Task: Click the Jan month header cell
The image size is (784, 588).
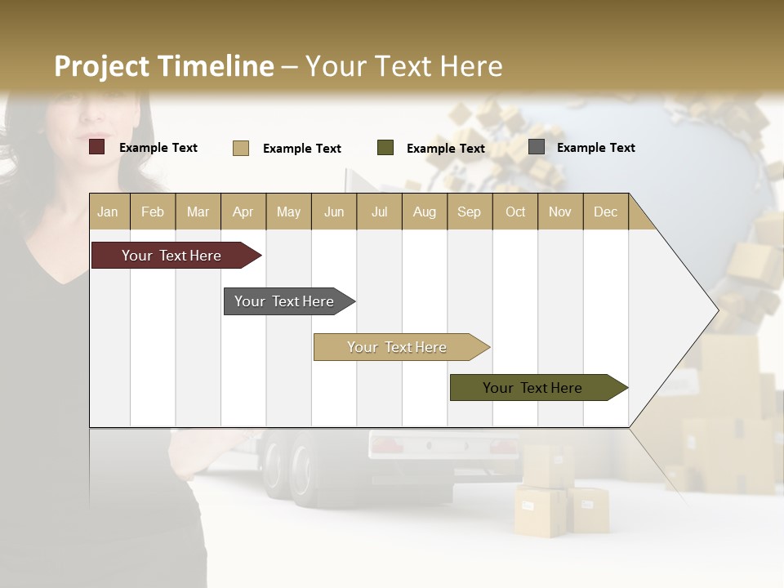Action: [x=109, y=212]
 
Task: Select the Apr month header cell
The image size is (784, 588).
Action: [x=243, y=212]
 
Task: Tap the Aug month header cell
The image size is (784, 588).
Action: [x=424, y=212]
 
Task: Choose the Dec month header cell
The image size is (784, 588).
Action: [x=605, y=212]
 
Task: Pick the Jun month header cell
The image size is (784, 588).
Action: [x=334, y=212]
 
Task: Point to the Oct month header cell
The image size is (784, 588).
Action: [x=514, y=212]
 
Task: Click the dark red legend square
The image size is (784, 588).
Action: [x=97, y=147]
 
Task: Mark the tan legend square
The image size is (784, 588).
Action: [x=241, y=148]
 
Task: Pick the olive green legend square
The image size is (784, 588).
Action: [x=385, y=148]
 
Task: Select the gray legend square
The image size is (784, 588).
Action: [x=537, y=147]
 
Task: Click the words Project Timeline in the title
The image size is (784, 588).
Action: [x=163, y=66]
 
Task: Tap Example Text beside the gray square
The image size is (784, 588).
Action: [x=595, y=148]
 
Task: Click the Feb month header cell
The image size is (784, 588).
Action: [x=153, y=212]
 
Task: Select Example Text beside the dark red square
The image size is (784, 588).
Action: [x=158, y=148]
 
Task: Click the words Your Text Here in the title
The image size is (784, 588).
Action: [x=403, y=66]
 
